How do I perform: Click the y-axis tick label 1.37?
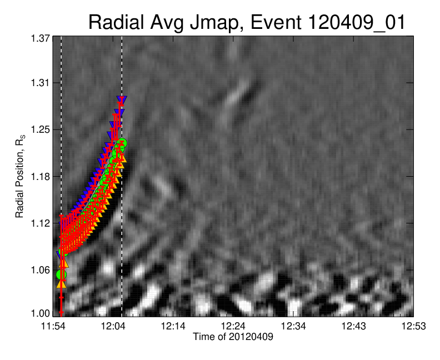click(x=40, y=38)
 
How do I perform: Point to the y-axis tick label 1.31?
click(x=40, y=83)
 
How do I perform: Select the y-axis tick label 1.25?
click(x=40, y=129)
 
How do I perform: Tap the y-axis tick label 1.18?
click(x=40, y=177)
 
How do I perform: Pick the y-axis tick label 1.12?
click(x=40, y=223)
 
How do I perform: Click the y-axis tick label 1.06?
click(x=40, y=270)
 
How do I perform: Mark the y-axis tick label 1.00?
click(x=40, y=313)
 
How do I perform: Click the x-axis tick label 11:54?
click(x=53, y=326)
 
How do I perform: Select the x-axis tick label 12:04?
click(x=113, y=326)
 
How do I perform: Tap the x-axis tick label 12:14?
click(x=173, y=326)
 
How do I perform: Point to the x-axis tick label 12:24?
click(x=233, y=326)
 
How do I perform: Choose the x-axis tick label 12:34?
click(x=293, y=326)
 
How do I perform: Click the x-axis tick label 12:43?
click(x=353, y=326)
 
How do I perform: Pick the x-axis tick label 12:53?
click(x=414, y=326)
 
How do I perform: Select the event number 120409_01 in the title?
click(x=357, y=23)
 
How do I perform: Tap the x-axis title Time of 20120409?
click(x=233, y=337)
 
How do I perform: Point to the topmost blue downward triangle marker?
click(x=122, y=100)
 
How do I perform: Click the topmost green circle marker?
click(x=122, y=143)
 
